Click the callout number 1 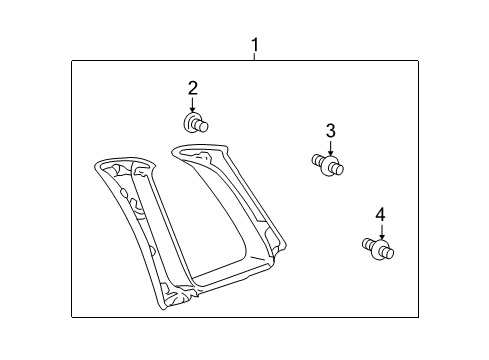tap(254, 45)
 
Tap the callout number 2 tap(193, 88)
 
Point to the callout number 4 tap(379, 214)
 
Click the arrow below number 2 tap(193, 104)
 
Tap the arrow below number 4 tap(379, 231)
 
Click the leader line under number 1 tap(254, 57)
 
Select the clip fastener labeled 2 tap(196, 124)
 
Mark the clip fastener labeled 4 tap(374, 249)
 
